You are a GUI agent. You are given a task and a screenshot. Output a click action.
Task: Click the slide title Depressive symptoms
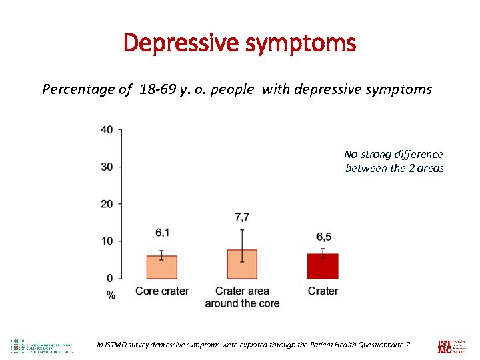239,44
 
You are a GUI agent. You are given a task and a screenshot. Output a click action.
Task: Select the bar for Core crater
161,267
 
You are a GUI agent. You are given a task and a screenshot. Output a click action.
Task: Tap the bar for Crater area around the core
242,264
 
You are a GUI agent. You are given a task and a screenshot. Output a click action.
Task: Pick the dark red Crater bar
323,266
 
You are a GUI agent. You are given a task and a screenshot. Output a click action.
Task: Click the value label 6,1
163,232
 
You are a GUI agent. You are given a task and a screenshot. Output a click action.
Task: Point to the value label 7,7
242,217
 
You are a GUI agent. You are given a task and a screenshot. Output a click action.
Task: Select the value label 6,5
323,237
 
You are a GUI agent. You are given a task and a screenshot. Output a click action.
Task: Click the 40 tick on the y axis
107,129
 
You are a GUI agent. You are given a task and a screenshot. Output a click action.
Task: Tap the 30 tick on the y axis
107,167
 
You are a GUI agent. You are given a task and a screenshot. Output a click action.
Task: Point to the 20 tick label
107,204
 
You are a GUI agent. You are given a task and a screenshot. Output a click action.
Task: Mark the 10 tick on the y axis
107,241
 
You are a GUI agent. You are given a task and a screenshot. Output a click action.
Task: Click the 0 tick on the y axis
109,278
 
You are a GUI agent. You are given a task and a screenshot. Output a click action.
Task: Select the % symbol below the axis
111,295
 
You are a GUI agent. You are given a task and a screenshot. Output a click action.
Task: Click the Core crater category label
162,291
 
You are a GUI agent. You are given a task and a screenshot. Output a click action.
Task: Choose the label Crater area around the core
242,297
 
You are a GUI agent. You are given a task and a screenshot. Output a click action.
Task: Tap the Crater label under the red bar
323,291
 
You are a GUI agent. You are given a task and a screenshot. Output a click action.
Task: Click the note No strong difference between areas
393,161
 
